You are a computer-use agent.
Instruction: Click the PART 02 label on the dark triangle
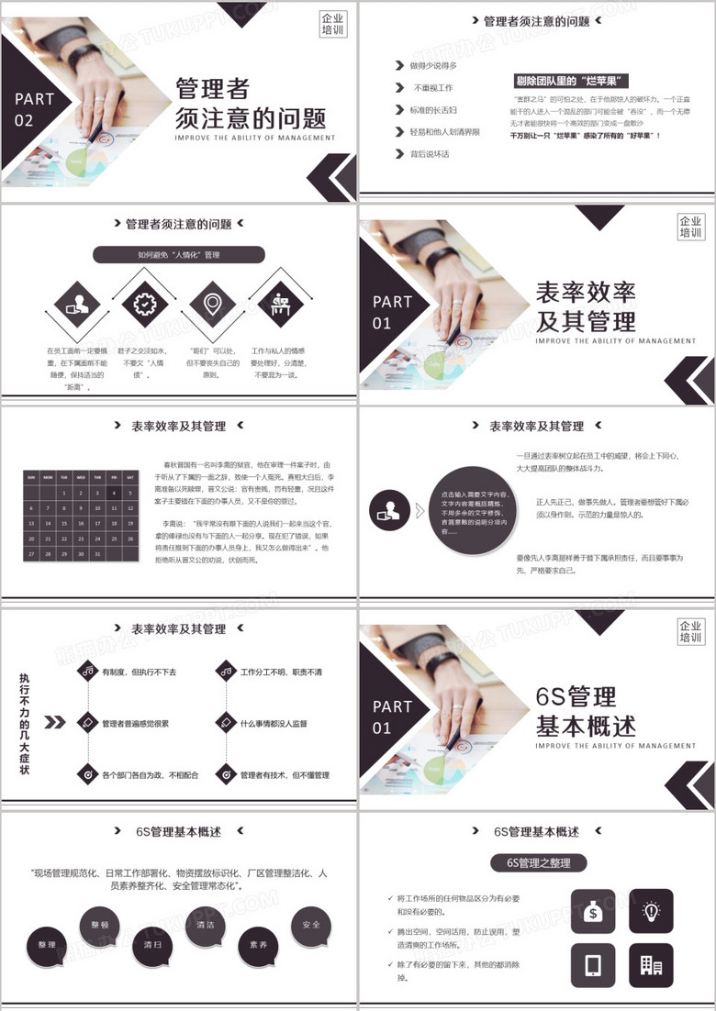point(35,109)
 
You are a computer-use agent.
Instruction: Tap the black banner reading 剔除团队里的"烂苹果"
point(573,81)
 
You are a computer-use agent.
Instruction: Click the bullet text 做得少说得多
point(433,66)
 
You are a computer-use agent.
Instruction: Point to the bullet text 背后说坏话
point(429,154)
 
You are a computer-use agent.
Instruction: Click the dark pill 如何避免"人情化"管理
point(179,255)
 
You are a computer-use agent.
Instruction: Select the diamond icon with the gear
point(145,303)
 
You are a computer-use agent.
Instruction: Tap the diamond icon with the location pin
point(213,303)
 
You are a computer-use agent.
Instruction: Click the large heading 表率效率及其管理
point(586,307)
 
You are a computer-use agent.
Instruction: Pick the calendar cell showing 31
point(95,554)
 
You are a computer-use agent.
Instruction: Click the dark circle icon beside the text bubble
point(389,511)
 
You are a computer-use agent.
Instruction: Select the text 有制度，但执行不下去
point(139,672)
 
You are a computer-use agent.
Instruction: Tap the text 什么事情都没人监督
point(274,724)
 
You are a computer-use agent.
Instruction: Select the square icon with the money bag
point(593,910)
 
